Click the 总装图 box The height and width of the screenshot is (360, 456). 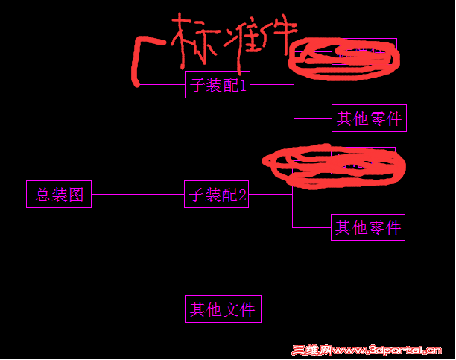pyautogui.click(x=59, y=195)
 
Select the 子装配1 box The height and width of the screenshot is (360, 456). pyautogui.click(x=217, y=85)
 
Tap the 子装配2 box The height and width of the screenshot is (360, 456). pyautogui.click(x=216, y=195)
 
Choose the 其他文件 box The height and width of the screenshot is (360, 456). pyautogui.click(x=223, y=309)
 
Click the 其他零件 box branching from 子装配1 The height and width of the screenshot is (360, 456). pyautogui.click(x=369, y=119)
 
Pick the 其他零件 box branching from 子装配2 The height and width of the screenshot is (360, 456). pyautogui.click(x=367, y=227)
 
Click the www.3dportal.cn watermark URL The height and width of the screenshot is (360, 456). pyautogui.click(x=387, y=350)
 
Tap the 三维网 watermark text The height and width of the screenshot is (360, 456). pyautogui.click(x=311, y=350)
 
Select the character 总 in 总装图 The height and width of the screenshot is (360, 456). pyautogui.click(x=42, y=195)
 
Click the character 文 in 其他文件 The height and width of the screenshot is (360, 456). pyautogui.click(x=230, y=309)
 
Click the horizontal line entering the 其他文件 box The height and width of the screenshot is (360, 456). pyautogui.click(x=162, y=308)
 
